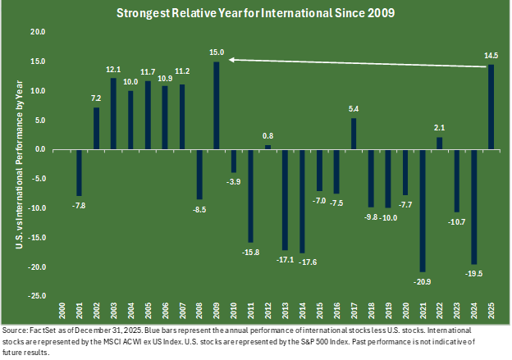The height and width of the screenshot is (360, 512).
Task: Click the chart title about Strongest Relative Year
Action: (256, 14)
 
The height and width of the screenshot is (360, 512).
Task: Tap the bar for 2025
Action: (491, 107)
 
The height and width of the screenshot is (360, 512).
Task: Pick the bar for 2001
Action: (80, 173)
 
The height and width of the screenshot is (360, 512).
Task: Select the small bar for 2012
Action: (267, 148)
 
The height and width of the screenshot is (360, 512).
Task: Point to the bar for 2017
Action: (354, 134)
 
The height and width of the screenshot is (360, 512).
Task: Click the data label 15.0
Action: (217, 53)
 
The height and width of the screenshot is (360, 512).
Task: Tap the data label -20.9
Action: (423, 280)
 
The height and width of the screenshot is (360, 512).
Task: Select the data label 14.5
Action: (491, 56)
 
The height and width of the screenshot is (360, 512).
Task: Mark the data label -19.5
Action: (473, 272)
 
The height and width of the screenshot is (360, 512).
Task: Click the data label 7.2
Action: (96, 98)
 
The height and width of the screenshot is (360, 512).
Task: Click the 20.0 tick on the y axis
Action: (37, 32)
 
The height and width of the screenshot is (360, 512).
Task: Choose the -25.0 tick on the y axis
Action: (36, 297)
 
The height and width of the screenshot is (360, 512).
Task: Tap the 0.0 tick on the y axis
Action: (39, 150)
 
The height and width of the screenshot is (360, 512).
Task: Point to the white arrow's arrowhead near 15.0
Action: (232, 59)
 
